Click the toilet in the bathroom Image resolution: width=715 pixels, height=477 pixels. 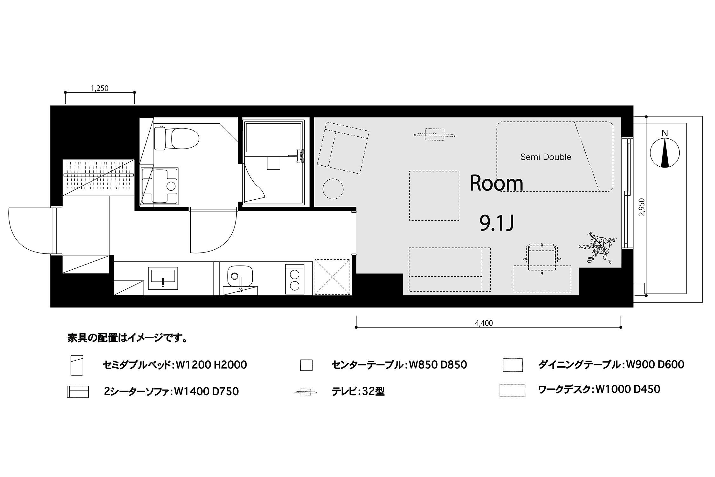coord(176,138)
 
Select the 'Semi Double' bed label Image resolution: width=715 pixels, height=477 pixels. coord(546,157)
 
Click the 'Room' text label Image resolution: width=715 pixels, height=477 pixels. coord(496,183)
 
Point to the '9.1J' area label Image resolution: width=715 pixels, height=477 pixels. coord(497,224)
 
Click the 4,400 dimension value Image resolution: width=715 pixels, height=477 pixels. coord(484,323)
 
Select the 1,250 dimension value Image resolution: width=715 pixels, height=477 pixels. coord(100,88)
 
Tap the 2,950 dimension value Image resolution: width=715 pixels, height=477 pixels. coord(641,207)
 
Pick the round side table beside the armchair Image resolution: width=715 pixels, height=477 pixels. coord(333,189)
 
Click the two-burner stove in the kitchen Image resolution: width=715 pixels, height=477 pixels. coord(294,279)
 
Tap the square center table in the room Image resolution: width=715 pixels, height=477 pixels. coord(434,196)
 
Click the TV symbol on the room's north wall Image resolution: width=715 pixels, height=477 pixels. coord(434,135)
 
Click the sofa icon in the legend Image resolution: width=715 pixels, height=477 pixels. coord(78,391)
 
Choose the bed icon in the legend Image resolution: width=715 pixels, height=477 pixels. coord(77,365)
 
